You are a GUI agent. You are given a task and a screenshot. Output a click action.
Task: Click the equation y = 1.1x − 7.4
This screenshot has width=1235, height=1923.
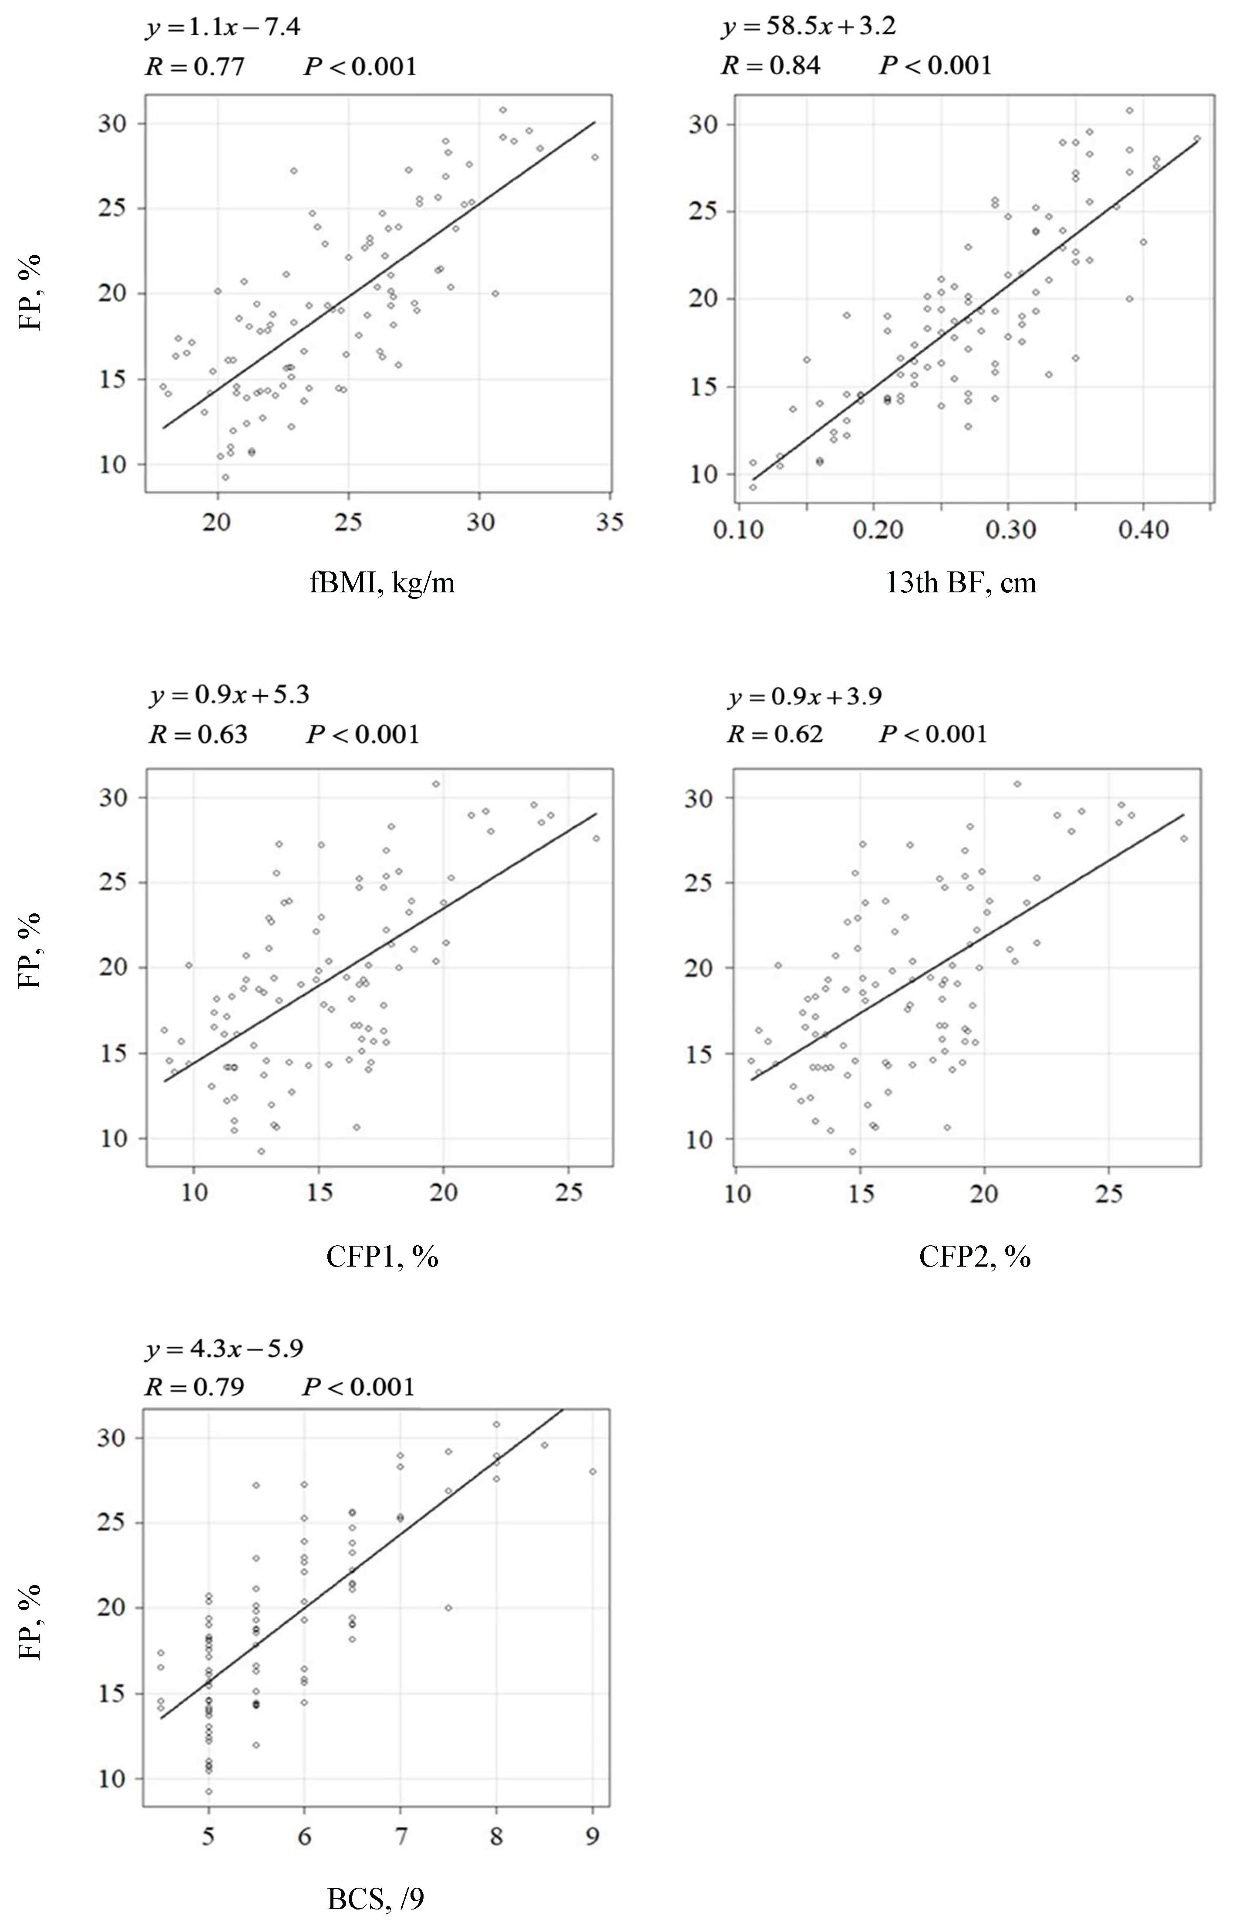pyautogui.click(x=223, y=28)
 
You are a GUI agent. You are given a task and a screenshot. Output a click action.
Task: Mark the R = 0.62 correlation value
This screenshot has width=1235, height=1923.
pyautogui.click(x=775, y=734)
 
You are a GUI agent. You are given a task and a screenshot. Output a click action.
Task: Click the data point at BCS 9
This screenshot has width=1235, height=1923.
pyautogui.click(x=592, y=1472)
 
